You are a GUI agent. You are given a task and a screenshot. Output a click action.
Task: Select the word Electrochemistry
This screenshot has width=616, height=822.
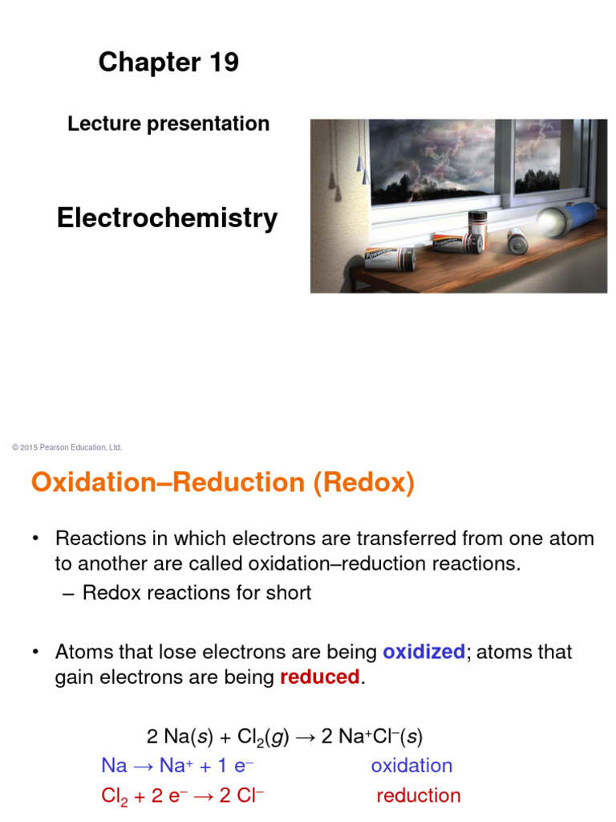168,218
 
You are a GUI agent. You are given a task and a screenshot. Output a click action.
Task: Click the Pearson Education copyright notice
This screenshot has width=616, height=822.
67,447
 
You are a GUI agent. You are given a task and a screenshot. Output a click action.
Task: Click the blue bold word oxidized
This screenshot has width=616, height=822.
423,652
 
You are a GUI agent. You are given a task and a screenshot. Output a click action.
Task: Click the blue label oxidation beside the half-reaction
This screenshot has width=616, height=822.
411,765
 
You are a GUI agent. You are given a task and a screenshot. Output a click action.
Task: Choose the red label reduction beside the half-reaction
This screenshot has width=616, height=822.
418,796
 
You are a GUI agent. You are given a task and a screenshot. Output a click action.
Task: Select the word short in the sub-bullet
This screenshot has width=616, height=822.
287,593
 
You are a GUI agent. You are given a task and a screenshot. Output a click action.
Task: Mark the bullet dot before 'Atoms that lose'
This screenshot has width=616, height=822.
35,652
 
